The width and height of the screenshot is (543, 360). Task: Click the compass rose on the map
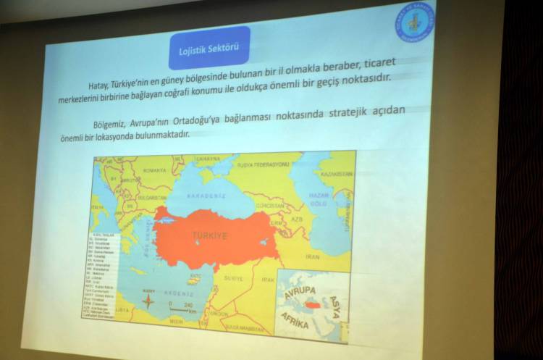(x=149, y=304)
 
